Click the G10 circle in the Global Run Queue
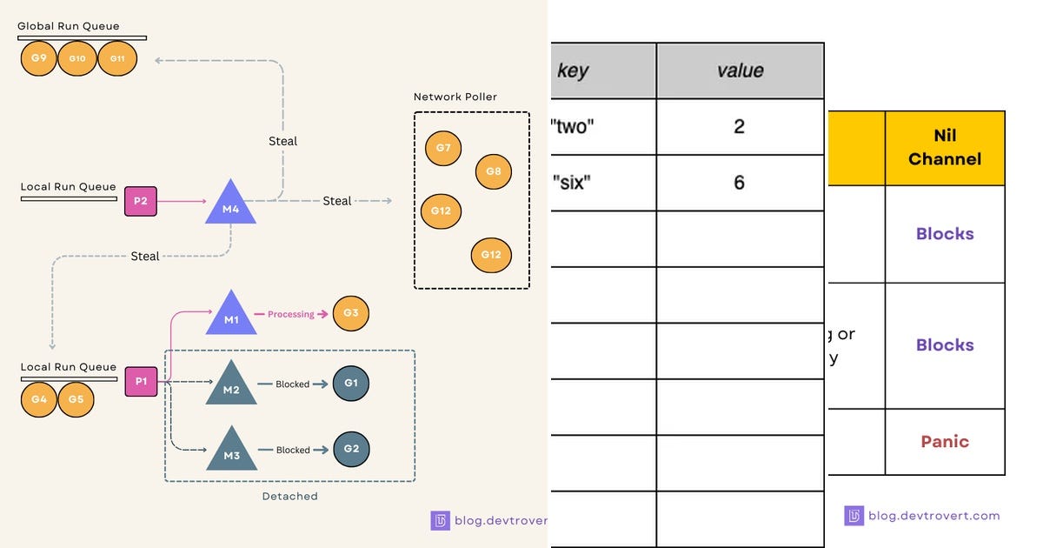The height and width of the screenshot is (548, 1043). click(77, 58)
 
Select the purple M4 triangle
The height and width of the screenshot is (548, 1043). click(231, 205)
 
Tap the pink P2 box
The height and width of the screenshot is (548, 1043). click(140, 200)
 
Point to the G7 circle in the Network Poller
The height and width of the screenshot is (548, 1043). click(443, 148)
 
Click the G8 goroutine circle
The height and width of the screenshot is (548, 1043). click(493, 171)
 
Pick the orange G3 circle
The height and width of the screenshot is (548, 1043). click(351, 313)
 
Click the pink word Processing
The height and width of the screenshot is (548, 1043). click(290, 314)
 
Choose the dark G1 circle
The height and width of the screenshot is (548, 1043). click(351, 384)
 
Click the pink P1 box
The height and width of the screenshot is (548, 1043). click(141, 382)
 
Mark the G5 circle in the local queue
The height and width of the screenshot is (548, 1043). click(76, 399)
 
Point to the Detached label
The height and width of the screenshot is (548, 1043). click(289, 497)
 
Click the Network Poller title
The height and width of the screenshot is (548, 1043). click(455, 97)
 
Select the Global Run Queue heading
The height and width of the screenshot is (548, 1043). click(69, 26)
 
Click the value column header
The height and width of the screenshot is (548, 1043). click(740, 70)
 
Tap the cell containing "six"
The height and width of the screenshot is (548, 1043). click(603, 183)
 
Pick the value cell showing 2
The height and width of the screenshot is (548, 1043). click(740, 127)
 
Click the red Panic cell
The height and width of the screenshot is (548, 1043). click(945, 442)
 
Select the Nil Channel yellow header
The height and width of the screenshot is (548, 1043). click(945, 148)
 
